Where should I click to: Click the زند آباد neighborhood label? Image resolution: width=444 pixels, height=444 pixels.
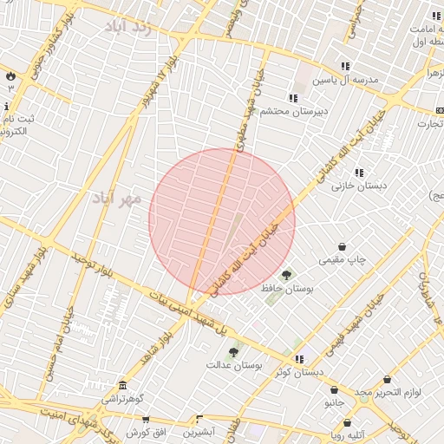click(128, 26)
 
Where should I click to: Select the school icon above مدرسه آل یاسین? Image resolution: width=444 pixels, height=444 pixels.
click(345, 66)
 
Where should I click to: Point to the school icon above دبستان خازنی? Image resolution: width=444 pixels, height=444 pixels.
click(359, 173)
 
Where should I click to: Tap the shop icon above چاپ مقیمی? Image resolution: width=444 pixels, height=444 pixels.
click(343, 246)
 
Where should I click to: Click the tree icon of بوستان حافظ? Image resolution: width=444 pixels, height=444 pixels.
click(287, 276)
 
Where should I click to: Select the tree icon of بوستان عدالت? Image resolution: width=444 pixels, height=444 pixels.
click(232, 352)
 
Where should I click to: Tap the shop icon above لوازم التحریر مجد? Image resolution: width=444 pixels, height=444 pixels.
click(387, 380)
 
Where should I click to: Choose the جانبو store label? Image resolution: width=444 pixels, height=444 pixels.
click(336, 403)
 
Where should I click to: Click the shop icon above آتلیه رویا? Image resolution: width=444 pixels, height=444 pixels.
click(346, 423)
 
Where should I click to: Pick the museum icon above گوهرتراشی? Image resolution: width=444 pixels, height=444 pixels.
click(123, 386)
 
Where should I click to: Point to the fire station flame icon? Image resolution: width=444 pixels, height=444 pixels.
click(10, 76)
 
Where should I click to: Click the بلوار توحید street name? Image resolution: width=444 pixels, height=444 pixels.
click(89, 265)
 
